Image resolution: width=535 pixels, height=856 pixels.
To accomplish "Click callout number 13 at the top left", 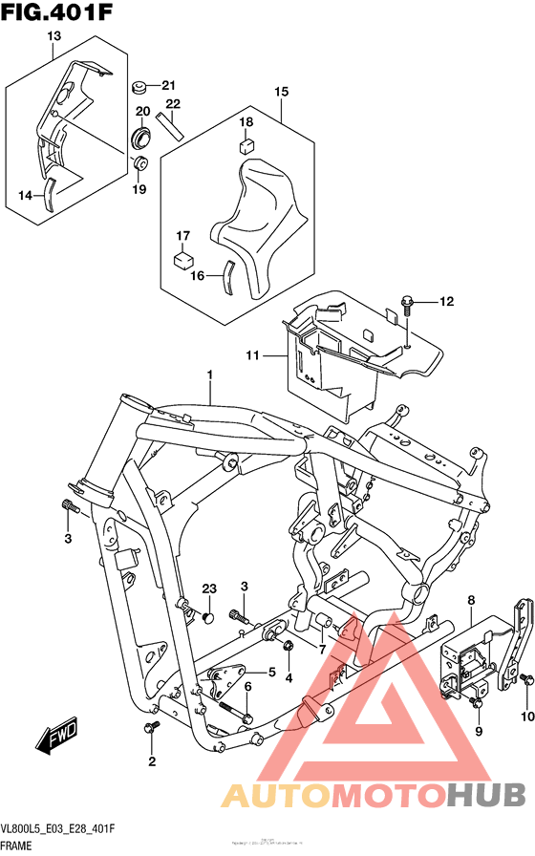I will pyautogui.click(x=53, y=37).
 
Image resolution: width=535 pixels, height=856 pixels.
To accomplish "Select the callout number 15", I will pyautogui.click(x=281, y=92).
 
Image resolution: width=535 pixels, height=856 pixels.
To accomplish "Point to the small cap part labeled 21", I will pyautogui.click(x=139, y=88).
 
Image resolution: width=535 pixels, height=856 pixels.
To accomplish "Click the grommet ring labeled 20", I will pyautogui.click(x=142, y=136).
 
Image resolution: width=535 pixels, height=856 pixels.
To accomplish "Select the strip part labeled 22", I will pyautogui.click(x=169, y=125).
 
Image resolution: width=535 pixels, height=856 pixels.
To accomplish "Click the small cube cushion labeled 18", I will pyautogui.click(x=246, y=146).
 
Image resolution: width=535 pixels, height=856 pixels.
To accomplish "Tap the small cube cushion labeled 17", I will pyautogui.click(x=182, y=257).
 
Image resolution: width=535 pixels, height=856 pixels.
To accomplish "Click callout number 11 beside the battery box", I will pyautogui.click(x=252, y=356).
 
